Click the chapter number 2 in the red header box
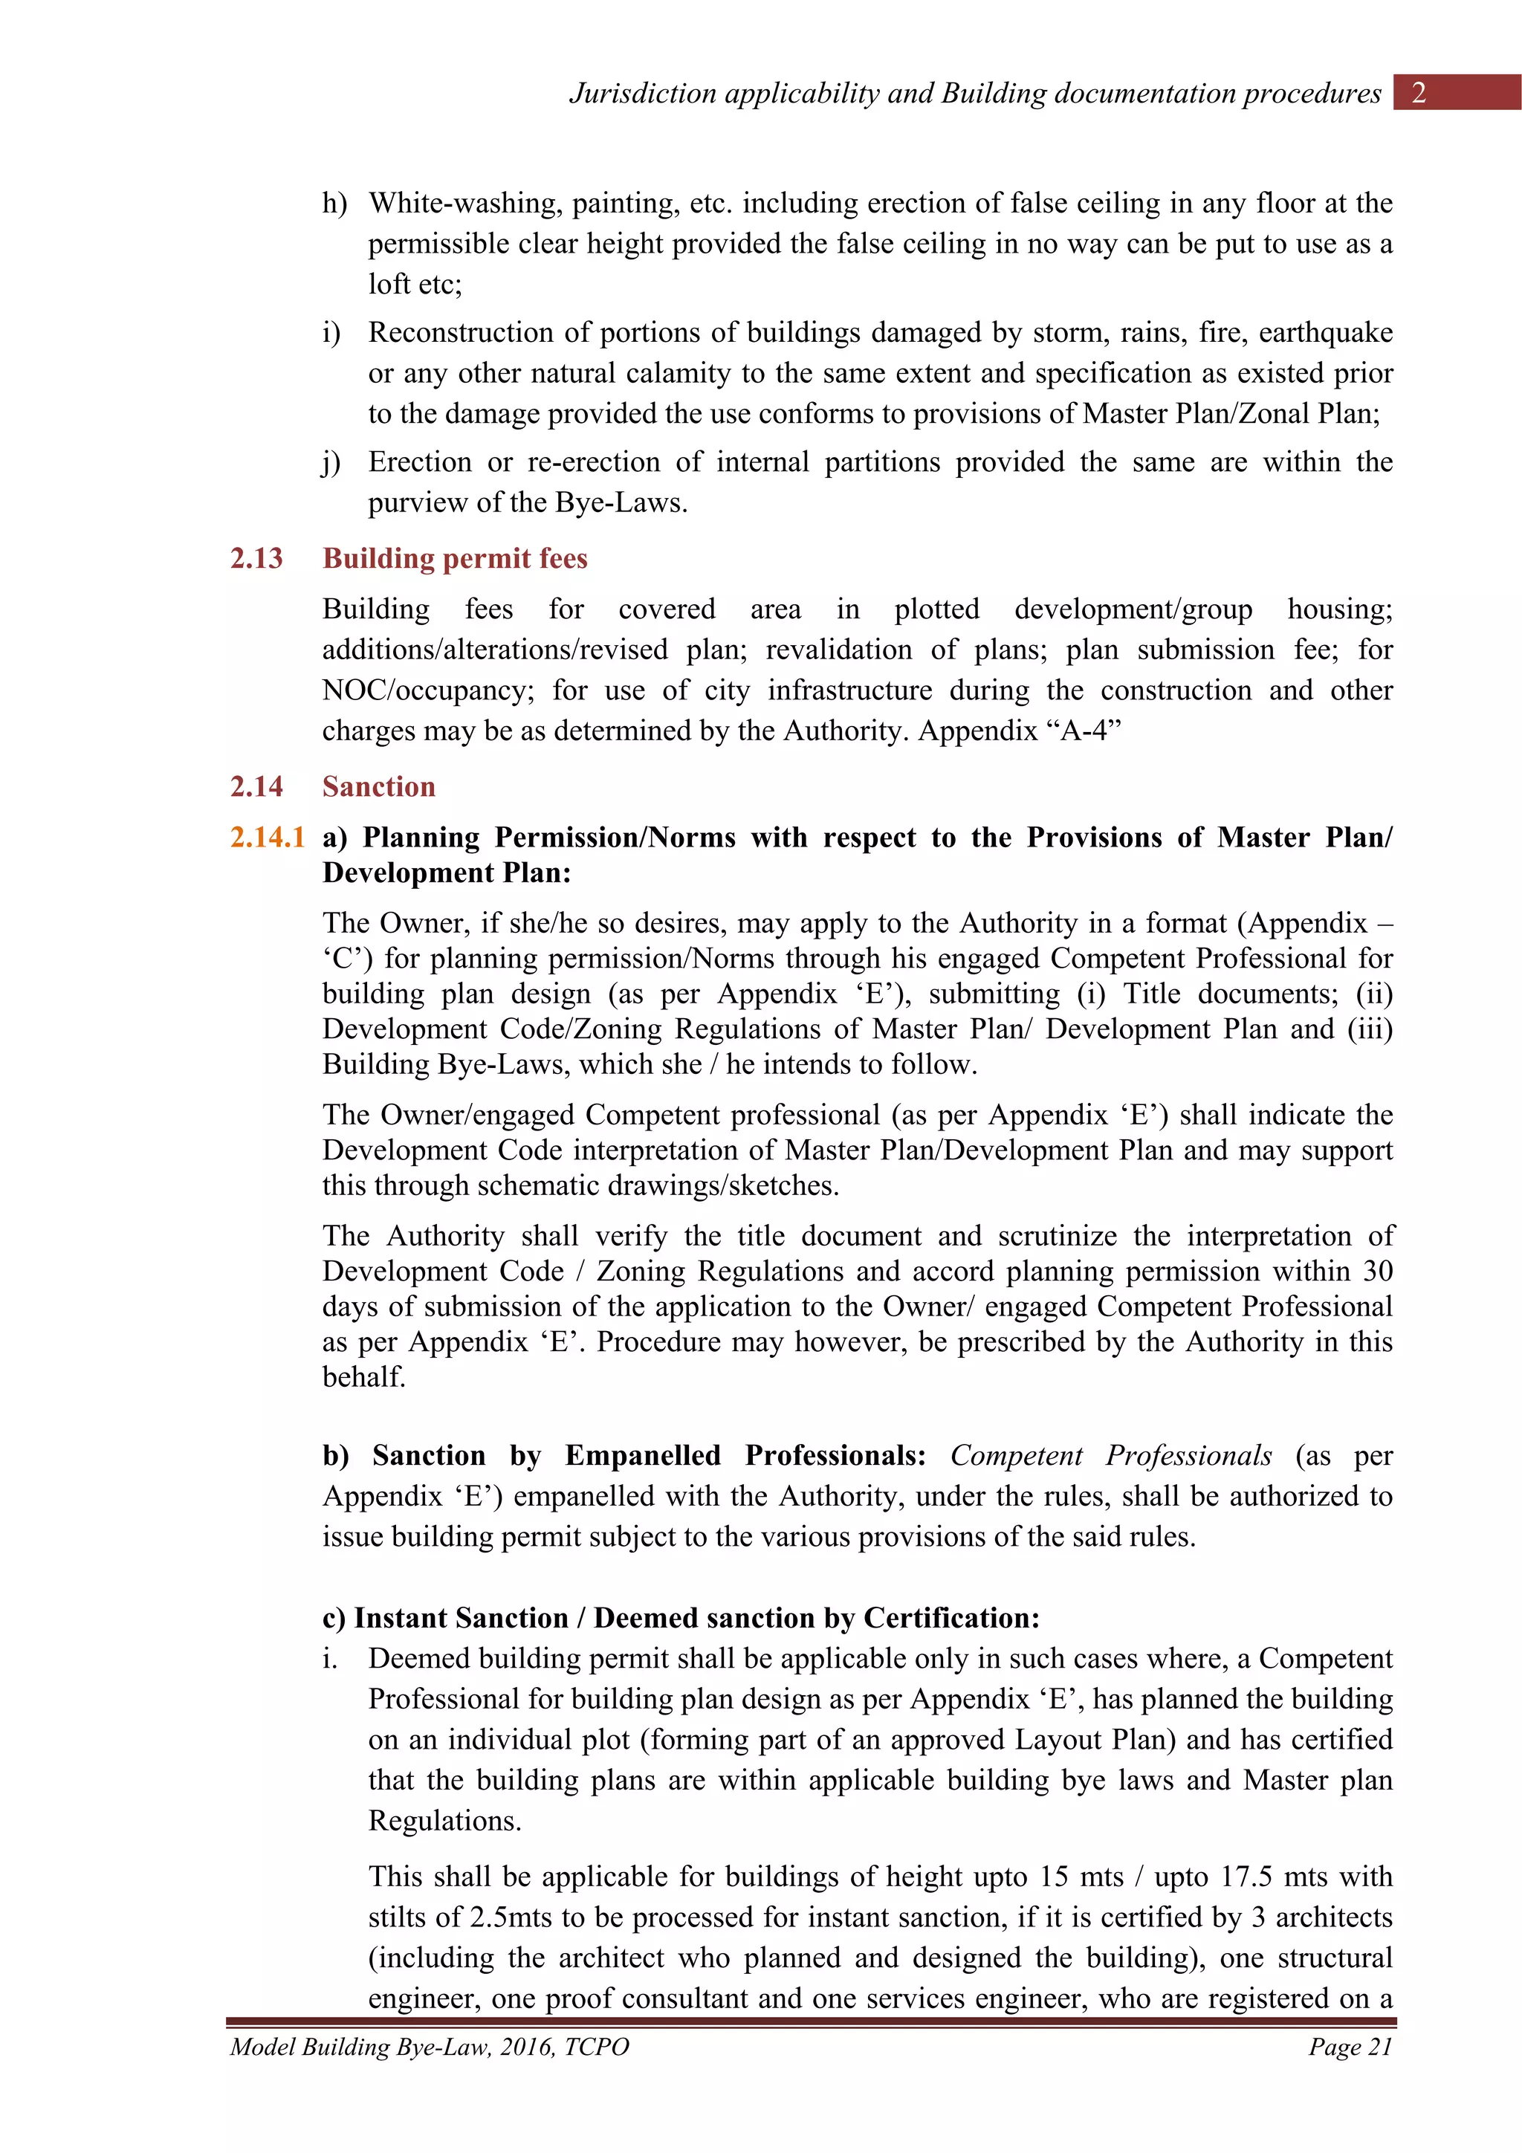(1418, 93)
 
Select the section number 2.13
(256, 559)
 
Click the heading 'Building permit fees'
(455, 559)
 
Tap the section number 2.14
(256, 787)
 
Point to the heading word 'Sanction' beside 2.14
(379, 787)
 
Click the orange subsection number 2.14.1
(268, 838)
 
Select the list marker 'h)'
(334, 204)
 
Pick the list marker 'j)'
(331, 462)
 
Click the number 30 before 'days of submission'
(1376, 1272)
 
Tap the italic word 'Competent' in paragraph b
(1016, 1455)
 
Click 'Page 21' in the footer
(1350, 2047)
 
